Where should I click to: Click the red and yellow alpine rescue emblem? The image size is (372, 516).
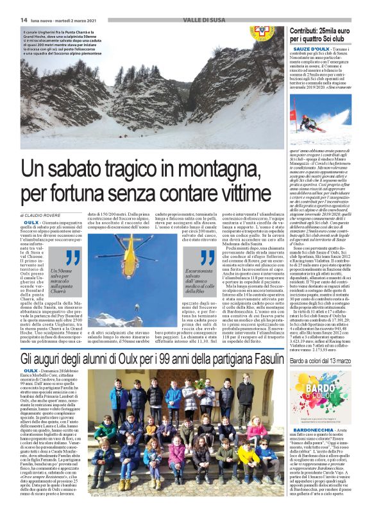point(259,30)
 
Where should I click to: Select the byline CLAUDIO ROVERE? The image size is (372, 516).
point(46,214)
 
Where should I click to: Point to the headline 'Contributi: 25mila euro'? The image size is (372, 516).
point(320,35)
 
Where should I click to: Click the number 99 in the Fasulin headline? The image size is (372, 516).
point(171,357)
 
